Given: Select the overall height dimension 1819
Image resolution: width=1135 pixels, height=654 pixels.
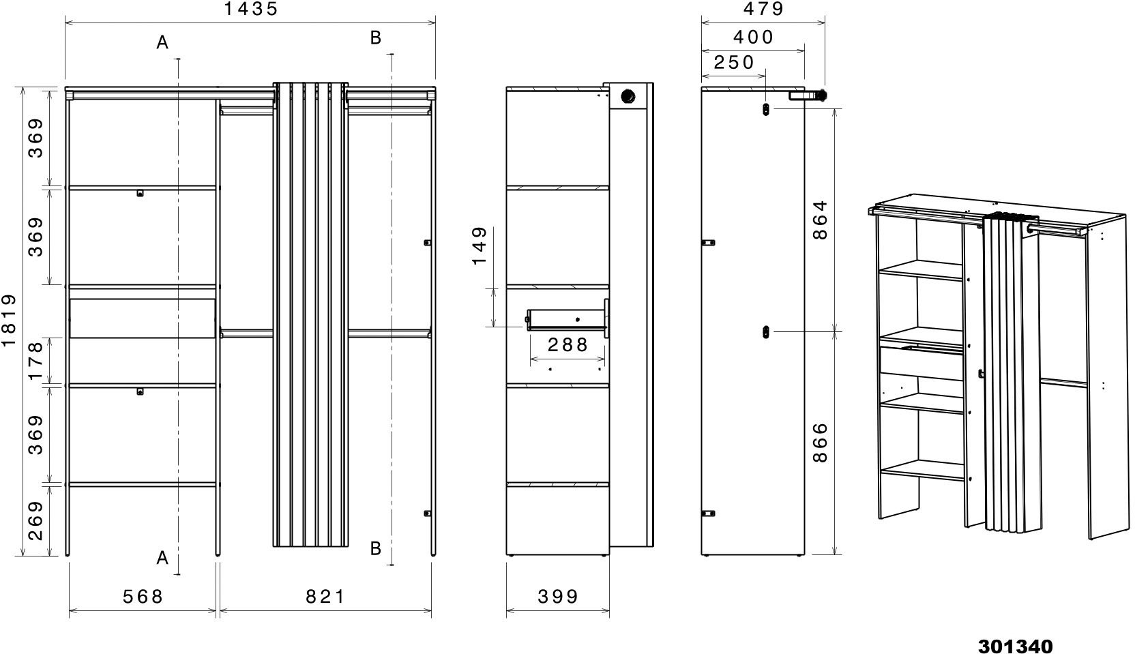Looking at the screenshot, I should tap(9, 321).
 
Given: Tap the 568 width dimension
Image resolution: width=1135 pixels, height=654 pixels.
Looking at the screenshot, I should tap(143, 597).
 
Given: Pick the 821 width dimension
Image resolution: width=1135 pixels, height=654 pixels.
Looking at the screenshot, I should tap(325, 597).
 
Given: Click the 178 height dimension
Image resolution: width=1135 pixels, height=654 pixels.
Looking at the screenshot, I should tap(35, 361).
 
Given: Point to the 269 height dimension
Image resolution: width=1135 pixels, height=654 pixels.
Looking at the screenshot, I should tap(35, 520).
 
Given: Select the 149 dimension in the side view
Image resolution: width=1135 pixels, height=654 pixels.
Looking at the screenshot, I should tap(480, 246).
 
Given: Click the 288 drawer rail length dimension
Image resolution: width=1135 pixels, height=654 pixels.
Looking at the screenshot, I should tap(567, 345).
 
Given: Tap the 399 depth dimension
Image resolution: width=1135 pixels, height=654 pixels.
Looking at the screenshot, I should tap(558, 597).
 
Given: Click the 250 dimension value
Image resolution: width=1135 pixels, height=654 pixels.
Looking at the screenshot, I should tap(734, 63).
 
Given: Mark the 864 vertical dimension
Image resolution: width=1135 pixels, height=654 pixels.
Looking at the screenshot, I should tap(821, 220).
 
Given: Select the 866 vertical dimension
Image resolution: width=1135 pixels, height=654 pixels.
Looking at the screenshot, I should tap(821, 442).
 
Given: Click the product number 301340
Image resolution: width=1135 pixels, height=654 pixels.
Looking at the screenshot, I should tap(1016, 646).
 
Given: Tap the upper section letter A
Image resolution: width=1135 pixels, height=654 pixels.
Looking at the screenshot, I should tap(162, 43).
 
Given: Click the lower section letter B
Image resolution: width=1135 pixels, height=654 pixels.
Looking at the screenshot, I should tap(375, 548).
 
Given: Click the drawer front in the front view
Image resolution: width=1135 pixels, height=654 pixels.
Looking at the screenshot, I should tap(143, 318).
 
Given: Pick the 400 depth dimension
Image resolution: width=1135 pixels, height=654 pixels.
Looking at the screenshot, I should tap(754, 37).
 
